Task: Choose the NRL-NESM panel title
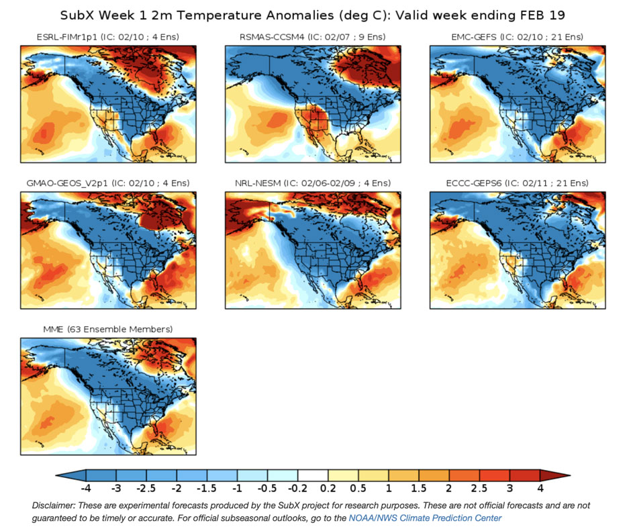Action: click(x=313, y=183)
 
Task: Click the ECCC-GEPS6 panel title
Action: click(x=518, y=183)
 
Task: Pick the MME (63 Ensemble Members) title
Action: click(x=107, y=329)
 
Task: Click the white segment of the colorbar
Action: click(x=313, y=475)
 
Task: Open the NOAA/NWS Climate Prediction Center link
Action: click(x=425, y=518)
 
